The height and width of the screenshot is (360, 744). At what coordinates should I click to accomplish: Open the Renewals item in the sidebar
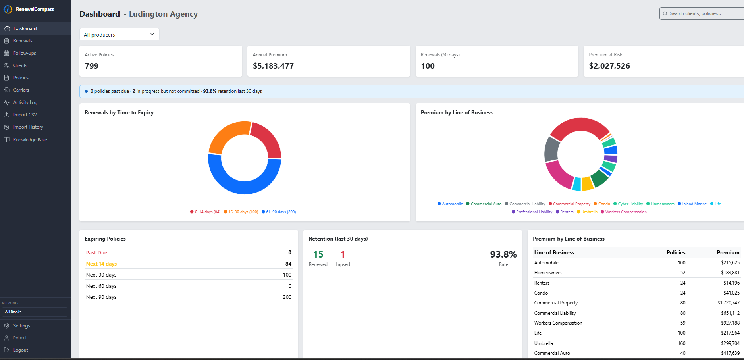point(23,41)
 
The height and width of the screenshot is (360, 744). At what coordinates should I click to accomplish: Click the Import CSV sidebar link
point(25,115)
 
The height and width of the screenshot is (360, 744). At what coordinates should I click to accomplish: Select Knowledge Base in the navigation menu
point(30,140)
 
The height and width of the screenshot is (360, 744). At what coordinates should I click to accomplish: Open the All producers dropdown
point(119,35)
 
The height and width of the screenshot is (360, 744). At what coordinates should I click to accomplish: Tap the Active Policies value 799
point(92,66)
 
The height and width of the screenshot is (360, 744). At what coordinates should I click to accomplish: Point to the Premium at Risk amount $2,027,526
point(609,66)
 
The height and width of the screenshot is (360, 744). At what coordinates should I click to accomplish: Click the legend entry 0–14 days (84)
point(205,212)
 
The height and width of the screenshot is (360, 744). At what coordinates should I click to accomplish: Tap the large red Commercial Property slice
point(580,125)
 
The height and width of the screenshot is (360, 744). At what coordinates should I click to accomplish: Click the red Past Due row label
point(96,253)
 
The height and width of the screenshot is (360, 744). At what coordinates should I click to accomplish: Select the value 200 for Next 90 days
point(287,297)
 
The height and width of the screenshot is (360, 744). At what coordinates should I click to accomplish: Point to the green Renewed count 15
point(318,254)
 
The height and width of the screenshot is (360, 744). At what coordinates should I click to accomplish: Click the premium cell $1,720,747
point(729,303)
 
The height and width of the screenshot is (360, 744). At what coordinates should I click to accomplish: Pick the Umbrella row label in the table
point(544,343)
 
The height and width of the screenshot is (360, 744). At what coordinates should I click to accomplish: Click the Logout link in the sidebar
point(21,350)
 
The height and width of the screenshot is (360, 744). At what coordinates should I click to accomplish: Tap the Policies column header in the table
point(676,253)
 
